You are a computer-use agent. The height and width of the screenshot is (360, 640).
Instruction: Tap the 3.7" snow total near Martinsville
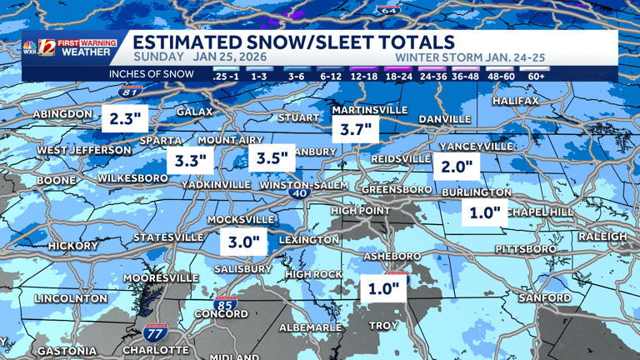[355, 129]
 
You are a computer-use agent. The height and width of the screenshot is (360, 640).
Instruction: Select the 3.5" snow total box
[272, 157]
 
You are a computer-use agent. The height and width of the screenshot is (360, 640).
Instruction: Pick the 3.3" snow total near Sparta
[191, 160]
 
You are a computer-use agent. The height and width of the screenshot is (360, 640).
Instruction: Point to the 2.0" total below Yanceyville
[457, 167]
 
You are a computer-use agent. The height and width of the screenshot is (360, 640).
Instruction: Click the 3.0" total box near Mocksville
[245, 243]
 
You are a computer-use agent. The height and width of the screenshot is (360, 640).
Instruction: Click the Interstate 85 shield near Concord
[224, 304]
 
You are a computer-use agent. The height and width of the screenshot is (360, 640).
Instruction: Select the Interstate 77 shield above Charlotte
[154, 332]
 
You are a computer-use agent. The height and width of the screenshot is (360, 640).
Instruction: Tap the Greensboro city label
[397, 189]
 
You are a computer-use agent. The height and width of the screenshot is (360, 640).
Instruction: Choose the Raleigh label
[602, 237]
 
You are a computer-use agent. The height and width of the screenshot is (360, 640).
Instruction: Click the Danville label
[444, 119]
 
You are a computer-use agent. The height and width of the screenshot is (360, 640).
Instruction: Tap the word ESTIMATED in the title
[182, 42]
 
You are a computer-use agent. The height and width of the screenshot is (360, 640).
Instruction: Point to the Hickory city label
[72, 246]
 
